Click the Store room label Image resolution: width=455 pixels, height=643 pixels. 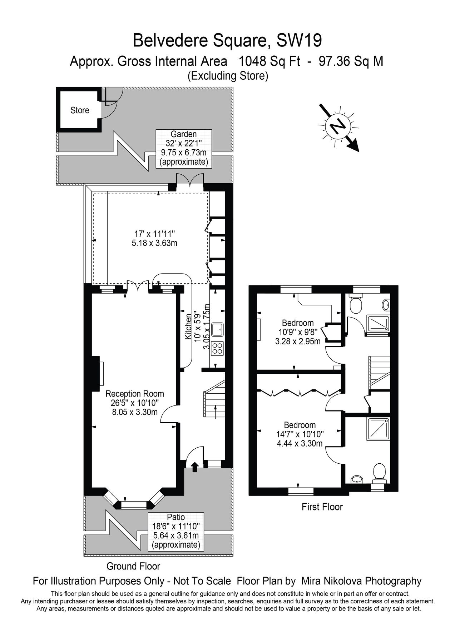pos(79,110)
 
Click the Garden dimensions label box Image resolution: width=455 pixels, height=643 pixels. pos(183,148)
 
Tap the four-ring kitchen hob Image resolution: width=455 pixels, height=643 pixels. pos(217,348)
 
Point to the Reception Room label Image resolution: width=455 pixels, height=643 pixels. pos(134,394)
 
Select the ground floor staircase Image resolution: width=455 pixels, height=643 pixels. pos(214,400)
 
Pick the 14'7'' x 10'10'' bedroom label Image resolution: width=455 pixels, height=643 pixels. pos(300,434)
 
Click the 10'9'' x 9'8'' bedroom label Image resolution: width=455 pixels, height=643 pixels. pos(297,332)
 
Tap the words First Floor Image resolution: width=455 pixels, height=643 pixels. pos(322,507)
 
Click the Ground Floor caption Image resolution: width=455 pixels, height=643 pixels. pos(133,566)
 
